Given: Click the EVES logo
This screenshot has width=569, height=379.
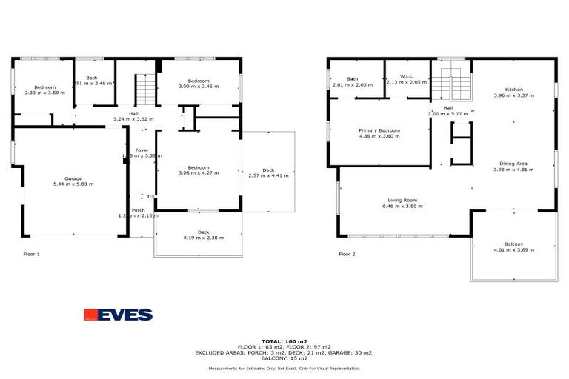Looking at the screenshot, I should (x=118, y=315).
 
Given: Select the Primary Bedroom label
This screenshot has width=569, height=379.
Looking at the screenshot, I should (x=379, y=130).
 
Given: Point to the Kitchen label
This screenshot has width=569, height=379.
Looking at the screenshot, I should (x=513, y=90).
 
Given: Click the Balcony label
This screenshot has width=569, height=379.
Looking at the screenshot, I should (x=513, y=244).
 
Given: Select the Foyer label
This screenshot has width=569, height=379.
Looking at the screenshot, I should (x=142, y=150).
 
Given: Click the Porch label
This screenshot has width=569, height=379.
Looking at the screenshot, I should (x=139, y=210).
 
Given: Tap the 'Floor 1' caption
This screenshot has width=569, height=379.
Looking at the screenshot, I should (x=31, y=254).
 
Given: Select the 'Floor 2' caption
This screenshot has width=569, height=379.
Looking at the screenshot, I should (x=347, y=254).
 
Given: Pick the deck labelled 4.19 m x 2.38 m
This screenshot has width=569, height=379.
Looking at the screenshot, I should (x=198, y=238).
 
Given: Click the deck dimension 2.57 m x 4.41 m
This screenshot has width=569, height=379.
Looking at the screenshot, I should (x=269, y=175).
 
